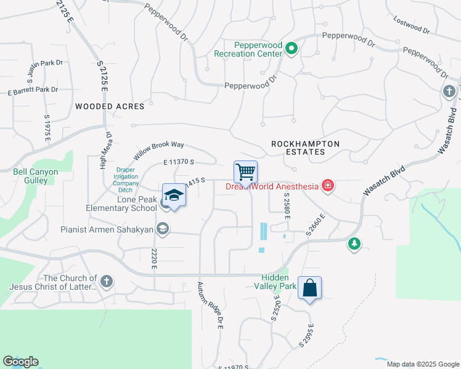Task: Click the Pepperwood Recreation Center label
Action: pyautogui.click(x=248, y=49)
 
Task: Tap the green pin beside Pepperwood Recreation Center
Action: pyautogui.click(x=293, y=49)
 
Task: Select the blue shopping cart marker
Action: pyautogui.click(x=245, y=172)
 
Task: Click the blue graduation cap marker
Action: pyautogui.click(x=174, y=197)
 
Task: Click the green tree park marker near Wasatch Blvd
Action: pyautogui.click(x=354, y=244)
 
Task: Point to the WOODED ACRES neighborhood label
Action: pyautogui.click(x=110, y=106)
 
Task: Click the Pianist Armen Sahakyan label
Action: pyautogui.click(x=107, y=229)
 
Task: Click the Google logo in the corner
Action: pyautogui.click(x=20, y=362)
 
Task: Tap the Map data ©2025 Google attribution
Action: pyautogui.click(x=422, y=364)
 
